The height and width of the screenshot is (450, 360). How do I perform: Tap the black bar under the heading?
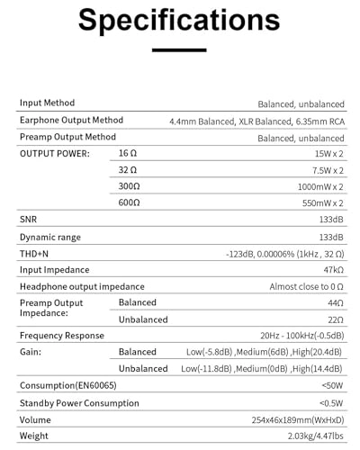coord(180,50)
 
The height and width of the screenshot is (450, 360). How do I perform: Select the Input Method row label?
coord(48,103)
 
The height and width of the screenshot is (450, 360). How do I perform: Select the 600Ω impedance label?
coord(129,203)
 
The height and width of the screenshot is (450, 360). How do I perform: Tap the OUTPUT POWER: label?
coord(54,155)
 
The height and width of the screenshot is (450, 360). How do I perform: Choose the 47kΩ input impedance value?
coord(331,269)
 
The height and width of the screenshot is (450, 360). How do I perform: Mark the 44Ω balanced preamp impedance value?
coord(333,303)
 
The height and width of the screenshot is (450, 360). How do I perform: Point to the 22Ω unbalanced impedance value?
coord(333,319)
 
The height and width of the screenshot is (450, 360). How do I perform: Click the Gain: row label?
coord(31,352)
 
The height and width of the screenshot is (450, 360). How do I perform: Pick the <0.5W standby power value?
coord(328,402)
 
